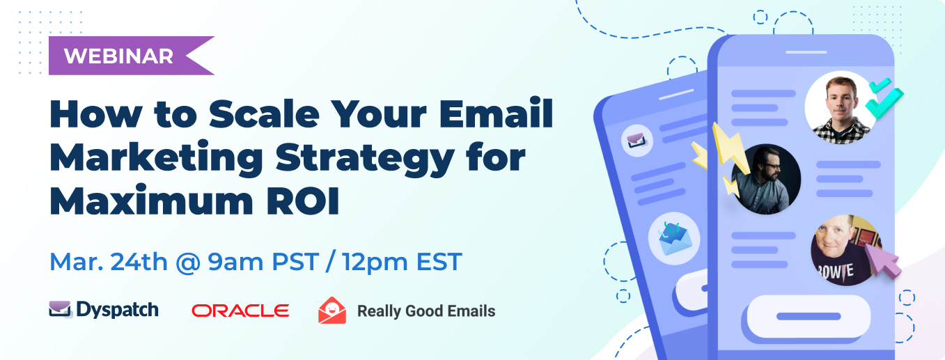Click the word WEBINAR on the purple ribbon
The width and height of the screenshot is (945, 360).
[x=118, y=56]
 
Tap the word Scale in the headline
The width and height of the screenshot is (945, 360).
[x=264, y=114]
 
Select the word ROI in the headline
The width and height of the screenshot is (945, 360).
[x=302, y=201]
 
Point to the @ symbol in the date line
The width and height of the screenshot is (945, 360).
[x=188, y=262]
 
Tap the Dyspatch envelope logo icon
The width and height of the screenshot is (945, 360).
[x=61, y=309]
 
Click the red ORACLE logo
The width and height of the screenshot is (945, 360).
[x=240, y=311]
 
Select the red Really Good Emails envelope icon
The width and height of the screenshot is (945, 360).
[x=332, y=311]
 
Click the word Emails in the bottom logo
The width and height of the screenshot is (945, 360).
[x=471, y=311]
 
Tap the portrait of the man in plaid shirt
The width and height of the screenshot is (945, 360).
[x=840, y=108]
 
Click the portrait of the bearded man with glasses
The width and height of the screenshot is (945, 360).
[x=766, y=179]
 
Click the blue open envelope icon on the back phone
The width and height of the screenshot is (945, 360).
[x=675, y=239]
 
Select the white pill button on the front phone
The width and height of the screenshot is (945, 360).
[x=809, y=317]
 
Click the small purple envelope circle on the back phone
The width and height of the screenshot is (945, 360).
[x=637, y=141]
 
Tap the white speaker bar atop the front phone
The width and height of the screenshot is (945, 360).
[x=806, y=52]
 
